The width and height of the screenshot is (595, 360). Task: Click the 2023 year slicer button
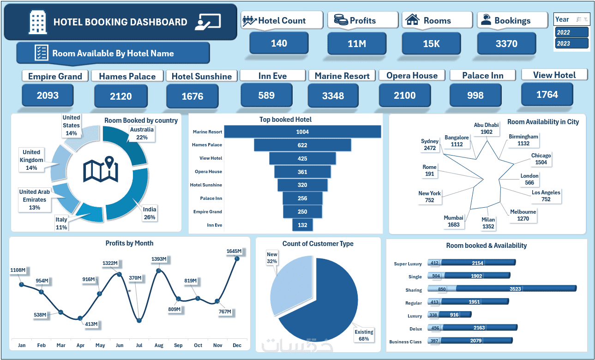point(572,43)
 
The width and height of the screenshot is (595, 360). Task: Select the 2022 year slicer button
point(572,32)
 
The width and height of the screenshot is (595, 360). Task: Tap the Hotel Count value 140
point(279,43)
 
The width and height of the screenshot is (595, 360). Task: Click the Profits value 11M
point(356,44)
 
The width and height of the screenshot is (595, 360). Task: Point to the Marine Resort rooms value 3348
point(332,96)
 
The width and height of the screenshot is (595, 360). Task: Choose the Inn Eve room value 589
point(266,96)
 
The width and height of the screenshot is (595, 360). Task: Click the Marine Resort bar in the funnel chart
point(302,132)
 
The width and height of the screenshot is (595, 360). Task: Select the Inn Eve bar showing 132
point(302,225)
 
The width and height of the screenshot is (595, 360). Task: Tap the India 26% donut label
point(149,213)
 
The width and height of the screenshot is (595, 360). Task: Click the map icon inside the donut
point(101,169)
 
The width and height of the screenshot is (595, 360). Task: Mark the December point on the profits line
point(237,258)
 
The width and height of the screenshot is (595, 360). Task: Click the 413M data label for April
point(91,324)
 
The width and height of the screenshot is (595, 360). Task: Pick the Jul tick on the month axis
point(139,345)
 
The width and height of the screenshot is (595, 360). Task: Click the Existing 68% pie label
point(364,335)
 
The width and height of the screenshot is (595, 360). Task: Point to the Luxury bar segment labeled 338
point(433,315)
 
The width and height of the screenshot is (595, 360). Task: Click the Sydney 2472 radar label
point(430,144)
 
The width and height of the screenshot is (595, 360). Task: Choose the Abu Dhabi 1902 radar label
point(486,128)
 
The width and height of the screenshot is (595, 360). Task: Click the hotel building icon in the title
point(37,22)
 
